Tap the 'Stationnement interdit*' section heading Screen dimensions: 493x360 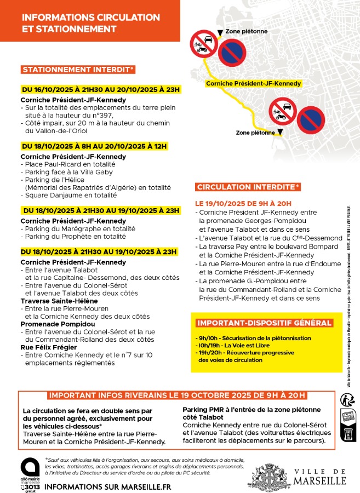point(78,70)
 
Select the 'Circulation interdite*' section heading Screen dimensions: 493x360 point(248,187)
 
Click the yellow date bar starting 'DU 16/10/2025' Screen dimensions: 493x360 point(100,89)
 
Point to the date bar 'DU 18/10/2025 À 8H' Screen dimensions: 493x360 point(94,146)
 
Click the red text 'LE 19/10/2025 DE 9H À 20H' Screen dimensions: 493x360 point(244,203)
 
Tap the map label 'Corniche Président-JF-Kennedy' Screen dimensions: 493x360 point(253,84)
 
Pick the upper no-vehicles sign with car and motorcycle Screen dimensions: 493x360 point(204,43)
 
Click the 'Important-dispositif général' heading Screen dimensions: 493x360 point(264,323)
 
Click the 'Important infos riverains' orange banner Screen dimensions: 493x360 point(176,395)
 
